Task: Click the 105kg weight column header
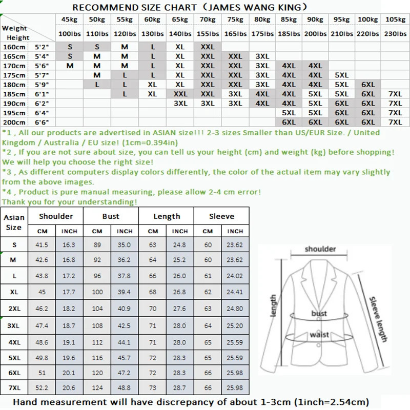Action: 395,19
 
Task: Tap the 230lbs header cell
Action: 395,33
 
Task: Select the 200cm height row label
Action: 14,122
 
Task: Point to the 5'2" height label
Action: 41,47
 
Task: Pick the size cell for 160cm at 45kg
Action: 70,47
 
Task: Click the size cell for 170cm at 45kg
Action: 70,66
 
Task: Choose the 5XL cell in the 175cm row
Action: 341,75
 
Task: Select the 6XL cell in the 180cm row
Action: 368,85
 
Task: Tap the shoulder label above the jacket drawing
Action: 320,249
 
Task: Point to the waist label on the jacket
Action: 319,335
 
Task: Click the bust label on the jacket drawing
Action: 319,313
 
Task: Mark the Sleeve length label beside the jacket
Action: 378,319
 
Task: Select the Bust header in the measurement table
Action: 111,216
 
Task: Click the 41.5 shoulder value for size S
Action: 42,245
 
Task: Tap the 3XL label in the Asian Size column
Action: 14,325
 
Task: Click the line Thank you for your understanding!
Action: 70,201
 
